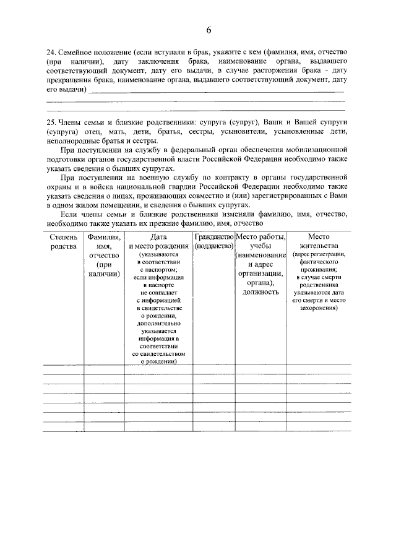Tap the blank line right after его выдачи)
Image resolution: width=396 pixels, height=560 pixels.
217,91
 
